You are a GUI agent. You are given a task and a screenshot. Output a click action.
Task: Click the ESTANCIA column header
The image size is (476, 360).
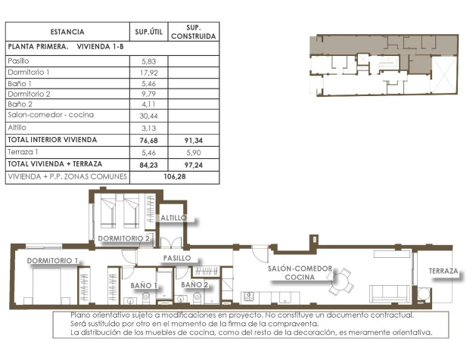67,32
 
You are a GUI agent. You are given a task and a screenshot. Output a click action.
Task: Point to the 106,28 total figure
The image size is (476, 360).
174,175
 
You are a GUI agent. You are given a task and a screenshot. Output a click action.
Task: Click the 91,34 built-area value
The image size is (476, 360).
193,140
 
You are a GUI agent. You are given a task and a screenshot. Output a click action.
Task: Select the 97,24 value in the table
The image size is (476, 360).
193,163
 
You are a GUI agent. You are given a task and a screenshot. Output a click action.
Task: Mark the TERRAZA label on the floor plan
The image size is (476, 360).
443,271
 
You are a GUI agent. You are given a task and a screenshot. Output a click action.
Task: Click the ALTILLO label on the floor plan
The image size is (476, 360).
173,218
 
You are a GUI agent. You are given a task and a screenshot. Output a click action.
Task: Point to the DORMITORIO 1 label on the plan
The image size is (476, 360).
53,261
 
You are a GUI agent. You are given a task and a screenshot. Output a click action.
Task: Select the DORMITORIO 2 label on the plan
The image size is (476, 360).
126,238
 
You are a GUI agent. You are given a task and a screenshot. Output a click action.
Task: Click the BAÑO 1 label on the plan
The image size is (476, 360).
144,285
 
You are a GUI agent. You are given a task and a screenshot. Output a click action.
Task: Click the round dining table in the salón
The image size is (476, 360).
342,281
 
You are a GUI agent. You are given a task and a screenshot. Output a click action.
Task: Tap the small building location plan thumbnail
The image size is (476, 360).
384,66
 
